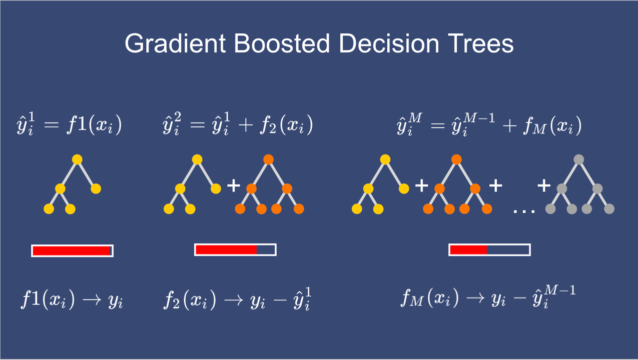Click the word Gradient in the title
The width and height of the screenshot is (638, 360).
point(175,43)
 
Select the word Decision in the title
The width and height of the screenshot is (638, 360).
point(389,43)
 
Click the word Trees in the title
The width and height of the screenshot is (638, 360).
point(481,43)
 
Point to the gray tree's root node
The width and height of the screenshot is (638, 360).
point(579,159)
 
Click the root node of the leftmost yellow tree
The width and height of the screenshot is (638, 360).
point(77,159)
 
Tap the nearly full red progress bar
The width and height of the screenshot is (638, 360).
point(73,250)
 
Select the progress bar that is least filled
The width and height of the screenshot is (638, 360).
point(489,250)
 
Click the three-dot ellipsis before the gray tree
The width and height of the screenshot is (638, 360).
point(524,211)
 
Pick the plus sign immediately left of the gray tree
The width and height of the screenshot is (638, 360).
point(544,185)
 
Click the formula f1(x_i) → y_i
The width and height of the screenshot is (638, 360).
point(72,299)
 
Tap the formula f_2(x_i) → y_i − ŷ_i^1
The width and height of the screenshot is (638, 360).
point(237,299)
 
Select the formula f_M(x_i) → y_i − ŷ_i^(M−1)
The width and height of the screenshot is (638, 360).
point(488,297)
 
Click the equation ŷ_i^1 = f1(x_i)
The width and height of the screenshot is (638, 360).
point(69,124)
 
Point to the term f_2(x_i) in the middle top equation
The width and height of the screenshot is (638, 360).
point(287,124)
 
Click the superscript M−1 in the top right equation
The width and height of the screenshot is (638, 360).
point(479,117)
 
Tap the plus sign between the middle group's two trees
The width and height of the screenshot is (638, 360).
point(234,185)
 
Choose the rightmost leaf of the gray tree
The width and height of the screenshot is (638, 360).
point(609,209)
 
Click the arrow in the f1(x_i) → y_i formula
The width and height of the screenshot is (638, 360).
point(92,299)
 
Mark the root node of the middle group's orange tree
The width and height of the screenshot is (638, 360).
point(268,159)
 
